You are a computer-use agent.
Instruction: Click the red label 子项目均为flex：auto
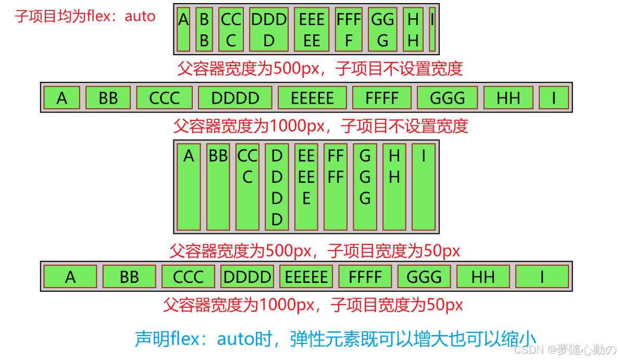(x=85, y=16)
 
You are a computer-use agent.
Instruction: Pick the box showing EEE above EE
(x=312, y=29)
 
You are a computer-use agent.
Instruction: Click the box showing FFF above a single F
(x=349, y=29)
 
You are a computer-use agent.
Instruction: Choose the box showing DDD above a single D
(x=269, y=29)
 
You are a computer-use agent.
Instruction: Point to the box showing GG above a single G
(x=383, y=29)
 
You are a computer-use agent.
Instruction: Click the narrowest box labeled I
(x=432, y=29)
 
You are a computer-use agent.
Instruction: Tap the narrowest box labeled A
(x=183, y=29)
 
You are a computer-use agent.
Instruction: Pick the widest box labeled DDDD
(x=235, y=98)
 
